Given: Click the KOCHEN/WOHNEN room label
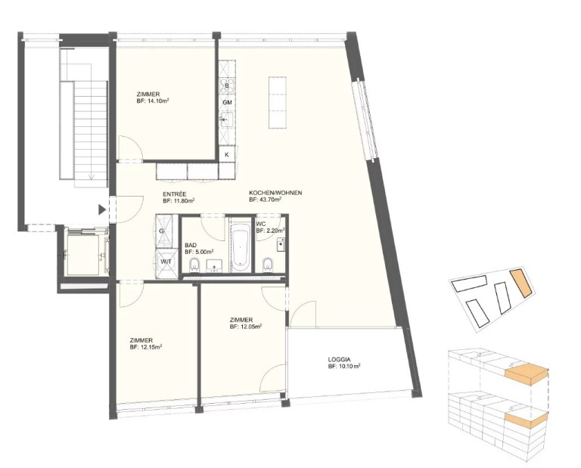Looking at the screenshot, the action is coord(275,193).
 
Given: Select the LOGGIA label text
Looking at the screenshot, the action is coord(339,359).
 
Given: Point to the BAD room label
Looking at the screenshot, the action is coord(191,245).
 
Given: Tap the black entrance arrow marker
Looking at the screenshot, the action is coord(102,210).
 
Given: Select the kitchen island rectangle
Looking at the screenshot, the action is coord(278,103).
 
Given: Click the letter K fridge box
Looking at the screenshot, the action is coord(227,155).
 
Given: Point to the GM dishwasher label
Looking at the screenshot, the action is coord(227,102).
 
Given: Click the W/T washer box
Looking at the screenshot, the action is coord(165,262).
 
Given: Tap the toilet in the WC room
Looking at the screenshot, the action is coord(267,265).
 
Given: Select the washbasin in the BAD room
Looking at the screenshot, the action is coord(214,265).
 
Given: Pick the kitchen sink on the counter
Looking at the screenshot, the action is coord(226,120).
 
